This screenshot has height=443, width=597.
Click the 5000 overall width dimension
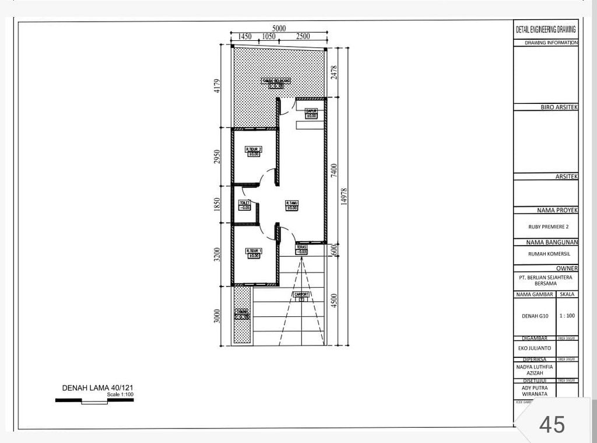pos(279,28)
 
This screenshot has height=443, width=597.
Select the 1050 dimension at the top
pos(268,36)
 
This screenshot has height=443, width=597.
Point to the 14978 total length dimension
pos(344,196)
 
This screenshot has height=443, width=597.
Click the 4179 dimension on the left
pos(217,86)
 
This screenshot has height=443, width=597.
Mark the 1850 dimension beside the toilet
pos(217,204)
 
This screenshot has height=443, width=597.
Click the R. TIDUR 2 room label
pos(253,150)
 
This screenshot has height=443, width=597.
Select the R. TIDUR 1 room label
pos(254,251)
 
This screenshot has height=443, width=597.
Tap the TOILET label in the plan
pos(244,203)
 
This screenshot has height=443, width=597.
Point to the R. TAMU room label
pos(292,203)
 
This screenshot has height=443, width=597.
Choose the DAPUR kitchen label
pos(311,111)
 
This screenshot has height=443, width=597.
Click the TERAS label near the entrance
pos(301,247)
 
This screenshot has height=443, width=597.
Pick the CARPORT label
pos(301,294)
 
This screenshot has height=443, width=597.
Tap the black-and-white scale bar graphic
pos(94,400)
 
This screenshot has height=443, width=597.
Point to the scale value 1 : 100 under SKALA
pos(567,315)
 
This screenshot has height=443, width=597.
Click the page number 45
pos(552,424)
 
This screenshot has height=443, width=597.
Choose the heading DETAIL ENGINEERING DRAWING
pos(546,30)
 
